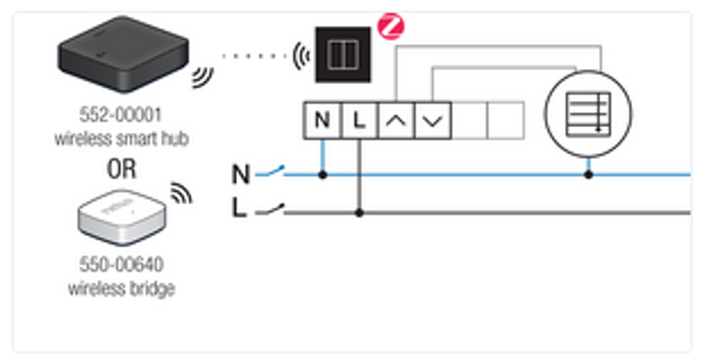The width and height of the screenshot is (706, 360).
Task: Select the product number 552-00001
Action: tap(120, 116)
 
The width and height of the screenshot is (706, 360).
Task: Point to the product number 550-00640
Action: tap(121, 265)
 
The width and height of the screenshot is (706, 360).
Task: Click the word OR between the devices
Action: tap(121, 168)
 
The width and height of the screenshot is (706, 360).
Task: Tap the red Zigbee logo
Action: tap(390, 26)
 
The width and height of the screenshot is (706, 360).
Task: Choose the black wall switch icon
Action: tap(343, 55)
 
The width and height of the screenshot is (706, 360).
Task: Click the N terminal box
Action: tap(323, 120)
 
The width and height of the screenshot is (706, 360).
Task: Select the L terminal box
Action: tap(359, 120)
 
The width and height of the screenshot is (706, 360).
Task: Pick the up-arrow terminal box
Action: tap(396, 120)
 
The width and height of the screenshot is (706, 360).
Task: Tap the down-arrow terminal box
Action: tap(432, 120)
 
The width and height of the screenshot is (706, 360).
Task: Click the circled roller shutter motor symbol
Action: tap(588, 114)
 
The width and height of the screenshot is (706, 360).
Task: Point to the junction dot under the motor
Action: tap(588, 174)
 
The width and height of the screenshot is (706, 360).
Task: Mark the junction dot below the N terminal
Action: tap(323, 174)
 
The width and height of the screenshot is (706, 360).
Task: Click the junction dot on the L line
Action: tap(359, 213)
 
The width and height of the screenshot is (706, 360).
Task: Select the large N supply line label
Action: tap(241, 174)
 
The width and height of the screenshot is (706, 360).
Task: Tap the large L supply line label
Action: tap(239, 208)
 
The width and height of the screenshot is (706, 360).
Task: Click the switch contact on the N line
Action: tap(270, 171)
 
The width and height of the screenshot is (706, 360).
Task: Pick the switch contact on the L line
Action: tap(270, 209)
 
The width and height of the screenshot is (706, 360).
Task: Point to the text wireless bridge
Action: tap(121, 289)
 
